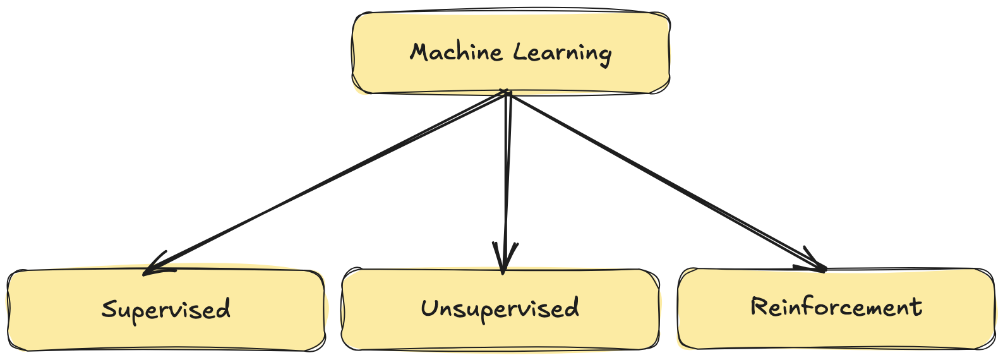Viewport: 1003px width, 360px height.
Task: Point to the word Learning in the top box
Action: click(x=562, y=52)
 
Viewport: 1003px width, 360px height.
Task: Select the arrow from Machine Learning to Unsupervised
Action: click(x=506, y=177)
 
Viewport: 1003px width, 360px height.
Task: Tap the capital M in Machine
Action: click(x=419, y=52)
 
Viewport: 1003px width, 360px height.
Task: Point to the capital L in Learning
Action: click(x=519, y=51)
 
